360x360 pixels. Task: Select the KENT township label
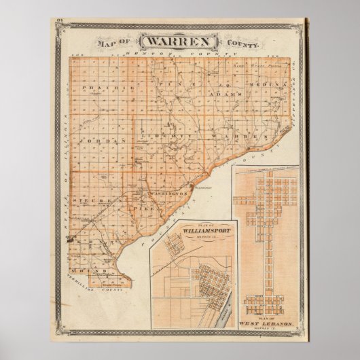(90, 240)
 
